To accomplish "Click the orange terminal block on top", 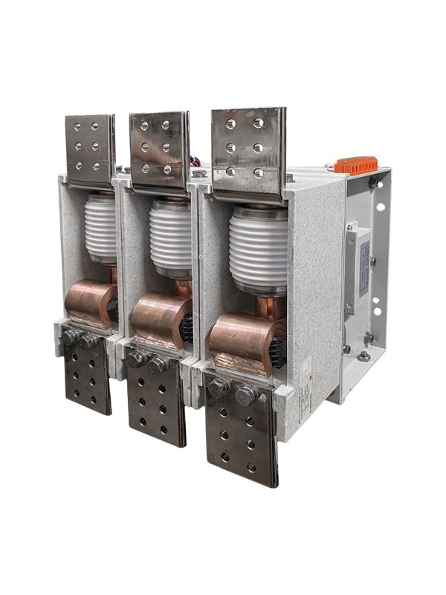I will [x=355, y=165].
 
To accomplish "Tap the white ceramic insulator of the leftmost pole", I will [x=100, y=227].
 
